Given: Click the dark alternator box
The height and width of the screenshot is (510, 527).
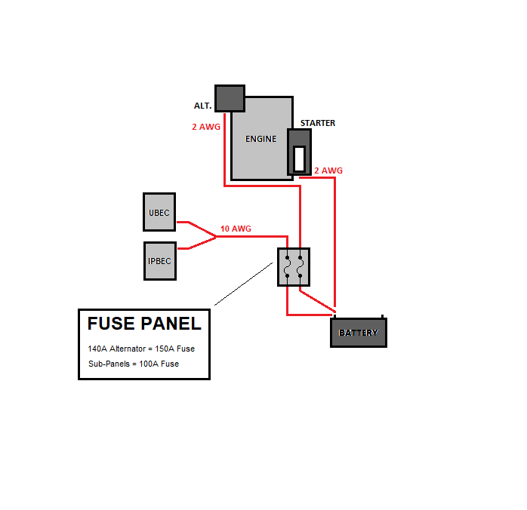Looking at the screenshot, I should click(x=230, y=98).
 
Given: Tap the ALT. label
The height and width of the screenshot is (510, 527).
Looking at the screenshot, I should click(x=202, y=106).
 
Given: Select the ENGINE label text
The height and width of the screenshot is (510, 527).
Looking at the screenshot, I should click(x=260, y=139).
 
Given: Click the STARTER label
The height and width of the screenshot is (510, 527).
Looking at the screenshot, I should click(x=318, y=123).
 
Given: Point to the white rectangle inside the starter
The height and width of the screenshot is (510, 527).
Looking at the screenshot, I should click(x=299, y=158).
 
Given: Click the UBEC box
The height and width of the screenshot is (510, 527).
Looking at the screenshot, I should click(x=159, y=212).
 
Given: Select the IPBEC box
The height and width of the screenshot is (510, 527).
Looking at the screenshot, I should click(x=159, y=261).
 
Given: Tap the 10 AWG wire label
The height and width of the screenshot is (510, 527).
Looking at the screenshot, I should click(x=236, y=229).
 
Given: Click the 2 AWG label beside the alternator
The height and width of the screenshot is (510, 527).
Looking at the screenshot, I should click(x=206, y=127).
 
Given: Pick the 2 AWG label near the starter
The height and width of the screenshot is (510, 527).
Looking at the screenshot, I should click(x=328, y=171).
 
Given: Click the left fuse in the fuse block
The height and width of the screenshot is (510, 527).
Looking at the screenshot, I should click(x=287, y=267).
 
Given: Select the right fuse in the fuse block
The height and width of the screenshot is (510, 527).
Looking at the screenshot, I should click(x=300, y=267).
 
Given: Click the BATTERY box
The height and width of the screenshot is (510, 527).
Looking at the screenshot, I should click(x=359, y=333).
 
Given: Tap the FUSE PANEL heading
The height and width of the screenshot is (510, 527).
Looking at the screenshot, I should click(x=144, y=324).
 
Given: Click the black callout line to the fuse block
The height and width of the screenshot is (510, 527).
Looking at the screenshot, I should click(x=243, y=284).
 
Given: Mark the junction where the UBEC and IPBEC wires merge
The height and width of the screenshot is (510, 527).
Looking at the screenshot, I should click(x=217, y=236).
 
